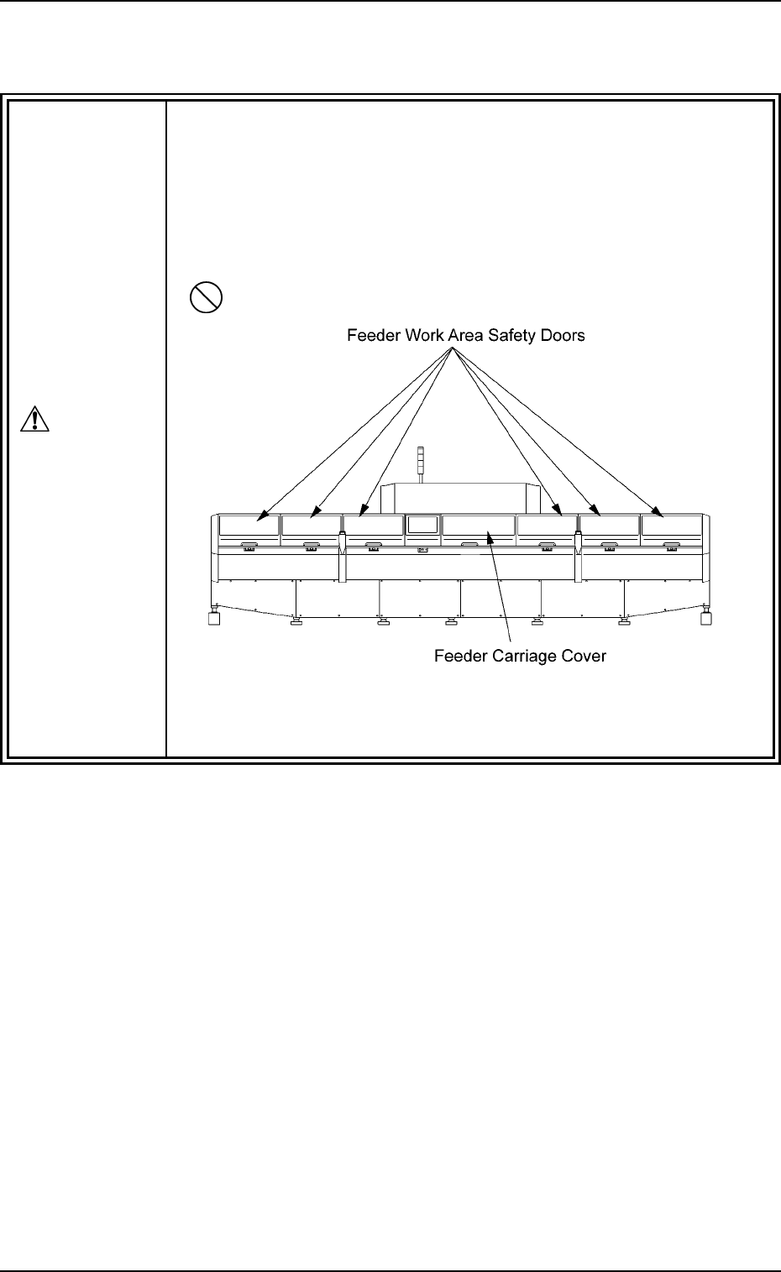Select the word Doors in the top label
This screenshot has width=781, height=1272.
[561, 336]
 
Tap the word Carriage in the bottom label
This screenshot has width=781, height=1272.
[521, 656]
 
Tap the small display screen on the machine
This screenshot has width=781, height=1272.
[422, 526]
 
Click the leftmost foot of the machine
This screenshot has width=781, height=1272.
[215, 620]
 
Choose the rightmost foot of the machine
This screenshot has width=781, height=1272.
[705, 620]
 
